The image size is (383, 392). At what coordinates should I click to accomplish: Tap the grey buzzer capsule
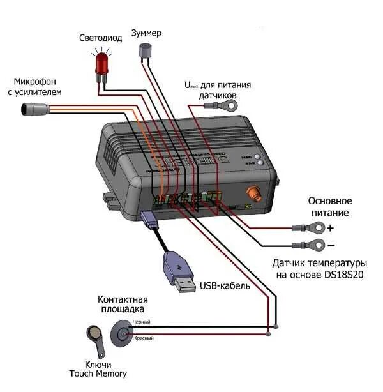(x=146, y=53)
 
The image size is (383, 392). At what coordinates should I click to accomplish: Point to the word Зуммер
(x=146, y=32)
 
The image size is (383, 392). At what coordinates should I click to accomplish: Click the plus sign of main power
(x=330, y=227)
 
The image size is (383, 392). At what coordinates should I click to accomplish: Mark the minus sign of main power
(x=330, y=245)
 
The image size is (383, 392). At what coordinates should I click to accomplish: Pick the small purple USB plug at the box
(x=149, y=220)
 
